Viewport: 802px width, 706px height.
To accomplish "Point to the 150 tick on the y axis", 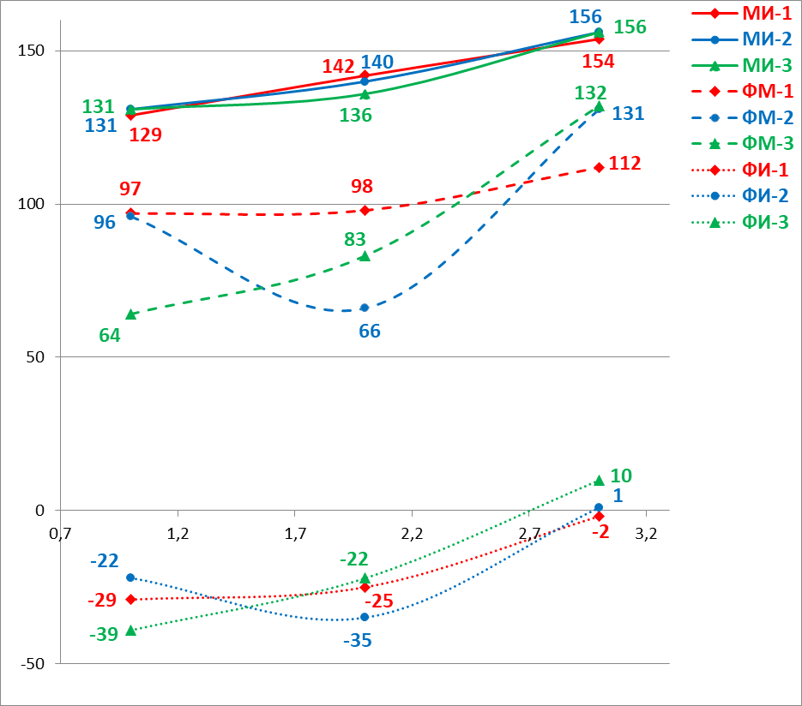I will click(x=31, y=51).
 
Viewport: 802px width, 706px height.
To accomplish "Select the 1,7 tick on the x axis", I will click(x=294, y=533).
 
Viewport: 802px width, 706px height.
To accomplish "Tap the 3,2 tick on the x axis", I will click(x=645, y=533).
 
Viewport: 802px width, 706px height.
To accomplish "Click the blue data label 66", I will click(x=370, y=331).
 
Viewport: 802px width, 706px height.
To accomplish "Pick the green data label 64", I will click(x=110, y=335).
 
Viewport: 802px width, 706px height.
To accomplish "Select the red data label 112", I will click(x=625, y=163).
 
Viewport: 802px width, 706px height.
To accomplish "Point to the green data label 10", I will click(x=621, y=476).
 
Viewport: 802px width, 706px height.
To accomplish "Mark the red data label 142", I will click(x=339, y=67).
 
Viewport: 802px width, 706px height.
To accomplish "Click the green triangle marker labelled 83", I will click(x=365, y=255).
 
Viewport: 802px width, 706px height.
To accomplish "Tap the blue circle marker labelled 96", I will click(x=130, y=216).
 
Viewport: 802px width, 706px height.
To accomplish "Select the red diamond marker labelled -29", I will click(x=130, y=599).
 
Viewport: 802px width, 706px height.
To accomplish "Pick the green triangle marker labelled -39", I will click(x=130, y=630).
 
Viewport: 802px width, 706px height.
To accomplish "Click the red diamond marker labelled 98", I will click(x=365, y=210).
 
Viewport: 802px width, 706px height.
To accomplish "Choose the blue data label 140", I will click(x=377, y=62).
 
